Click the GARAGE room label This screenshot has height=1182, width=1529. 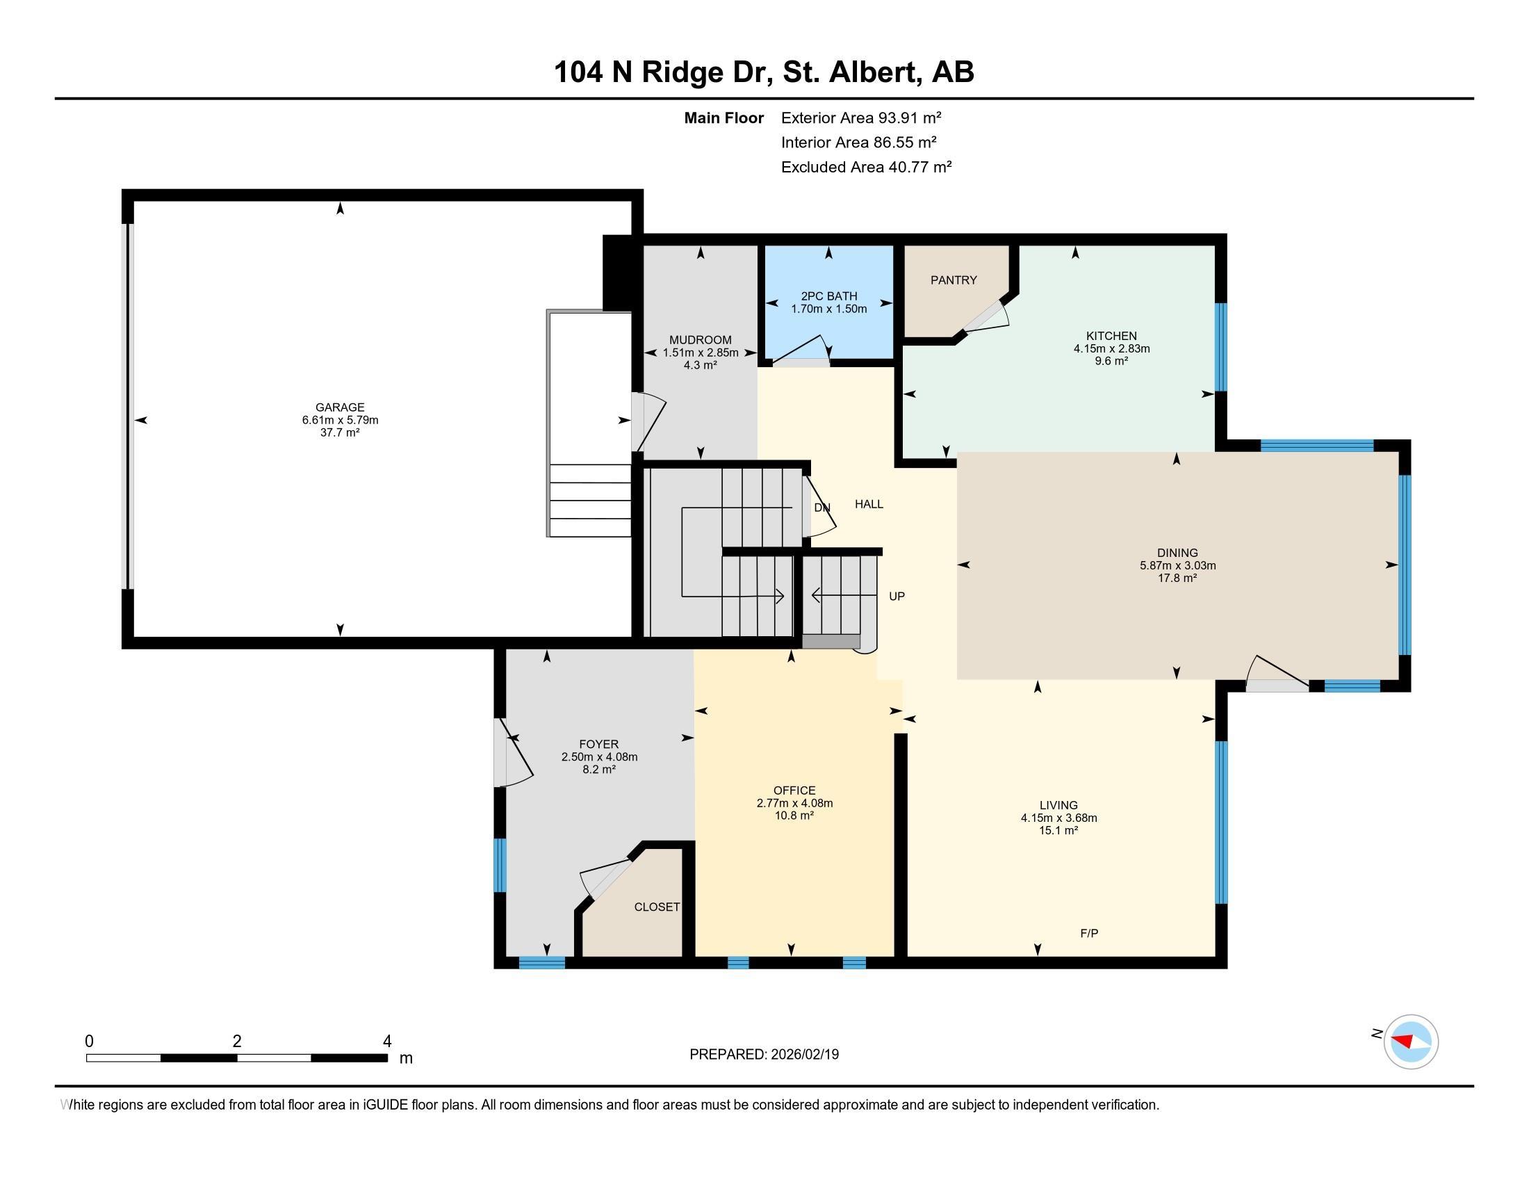(340, 407)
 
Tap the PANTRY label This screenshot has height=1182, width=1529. (954, 280)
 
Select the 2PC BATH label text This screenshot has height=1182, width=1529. (829, 296)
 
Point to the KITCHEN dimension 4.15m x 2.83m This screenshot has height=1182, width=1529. (1112, 348)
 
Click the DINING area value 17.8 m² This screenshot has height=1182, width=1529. (1177, 578)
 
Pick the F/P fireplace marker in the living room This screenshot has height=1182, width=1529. (1088, 932)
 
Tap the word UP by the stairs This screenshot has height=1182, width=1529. (897, 596)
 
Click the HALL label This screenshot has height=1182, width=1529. (869, 503)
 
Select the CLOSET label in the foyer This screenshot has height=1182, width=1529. (657, 907)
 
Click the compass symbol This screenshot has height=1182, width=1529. (1411, 1042)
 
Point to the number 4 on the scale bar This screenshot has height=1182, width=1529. (387, 1042)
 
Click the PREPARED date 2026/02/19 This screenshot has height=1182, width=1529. (803, 1054)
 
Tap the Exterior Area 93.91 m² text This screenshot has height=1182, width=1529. (861, 118)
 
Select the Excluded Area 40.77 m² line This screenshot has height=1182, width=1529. (867, 167)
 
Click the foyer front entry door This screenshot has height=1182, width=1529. (513, 753)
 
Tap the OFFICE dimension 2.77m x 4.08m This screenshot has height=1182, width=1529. (794, 803)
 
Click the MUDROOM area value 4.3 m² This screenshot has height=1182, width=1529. (700, 365)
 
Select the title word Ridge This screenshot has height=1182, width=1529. (682, 73)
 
